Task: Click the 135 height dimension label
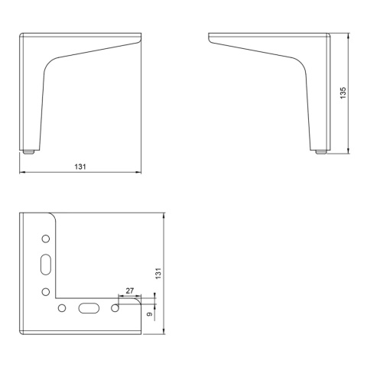click(x=343, y=93)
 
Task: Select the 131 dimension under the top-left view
click(x=80, y=167)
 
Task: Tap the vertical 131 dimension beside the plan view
click(x=158, y=273)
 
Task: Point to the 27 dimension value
click(x=130, y=291)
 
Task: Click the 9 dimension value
click(x=150, y=314)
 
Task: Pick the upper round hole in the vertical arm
click(x=46, y=239)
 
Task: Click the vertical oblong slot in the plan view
click(x=46, y=265)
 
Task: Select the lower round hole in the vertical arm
click(x=46, y=291)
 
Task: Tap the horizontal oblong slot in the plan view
click(x=89, y=308)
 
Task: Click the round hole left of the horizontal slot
click(x=62, y=308)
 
